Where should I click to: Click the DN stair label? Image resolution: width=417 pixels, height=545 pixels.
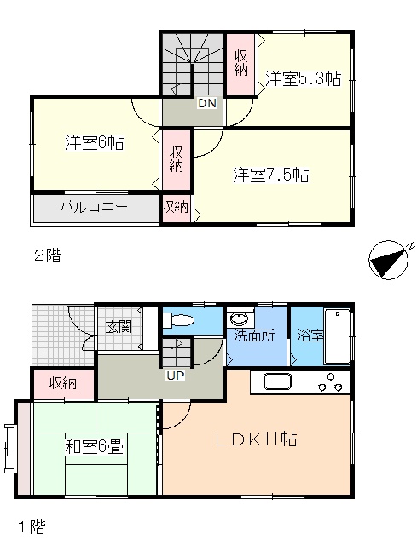coord(207,103)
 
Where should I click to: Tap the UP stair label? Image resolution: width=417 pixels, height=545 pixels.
coord(176,376)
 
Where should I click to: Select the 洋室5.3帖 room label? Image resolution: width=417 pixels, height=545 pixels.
coord(304,79)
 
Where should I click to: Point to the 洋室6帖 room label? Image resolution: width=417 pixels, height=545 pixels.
coord(95,142)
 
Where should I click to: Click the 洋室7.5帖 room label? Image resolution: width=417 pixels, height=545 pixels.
coord(271,175)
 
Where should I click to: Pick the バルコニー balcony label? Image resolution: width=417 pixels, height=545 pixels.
coord(94,207)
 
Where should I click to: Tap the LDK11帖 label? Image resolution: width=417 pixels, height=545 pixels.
coord(256,439)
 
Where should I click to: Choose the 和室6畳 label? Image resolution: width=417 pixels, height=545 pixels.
coord(95,446)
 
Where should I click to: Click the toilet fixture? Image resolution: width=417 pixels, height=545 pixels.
coord(178,320)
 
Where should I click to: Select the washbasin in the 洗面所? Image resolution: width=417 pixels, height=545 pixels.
coord(240,318)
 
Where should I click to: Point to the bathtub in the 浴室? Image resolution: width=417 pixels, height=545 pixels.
coord(337,336)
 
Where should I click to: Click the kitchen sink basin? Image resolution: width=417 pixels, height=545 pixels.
coord(277,381)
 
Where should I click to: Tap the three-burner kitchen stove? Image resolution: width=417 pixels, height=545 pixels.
coord(330,382)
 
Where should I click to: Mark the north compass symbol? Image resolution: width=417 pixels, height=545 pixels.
coord(389,259)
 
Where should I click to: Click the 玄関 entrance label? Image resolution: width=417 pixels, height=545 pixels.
coord(119,327)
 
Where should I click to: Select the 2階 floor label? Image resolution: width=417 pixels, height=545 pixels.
coord(48,256)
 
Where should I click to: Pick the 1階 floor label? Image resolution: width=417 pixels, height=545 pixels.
coord(32,527)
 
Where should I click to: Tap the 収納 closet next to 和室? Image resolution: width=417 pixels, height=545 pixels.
coord(63,384)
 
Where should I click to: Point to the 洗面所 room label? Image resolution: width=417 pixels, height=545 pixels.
coord(254,336)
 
